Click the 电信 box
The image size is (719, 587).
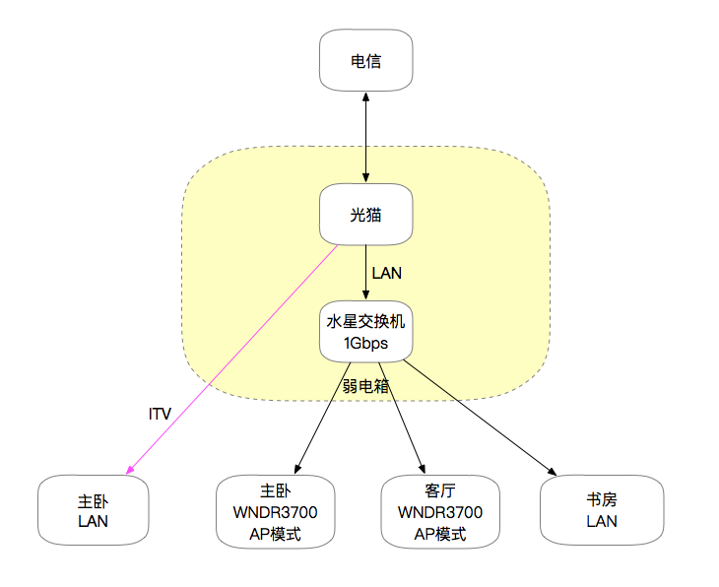click(x=365, y=61)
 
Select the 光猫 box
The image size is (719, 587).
click(x=365, y=215)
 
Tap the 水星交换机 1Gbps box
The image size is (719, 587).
click(x=365, y=331)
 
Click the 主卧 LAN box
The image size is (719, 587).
click(x=93, y=510)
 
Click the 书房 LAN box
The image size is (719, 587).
click(x=601, y=510)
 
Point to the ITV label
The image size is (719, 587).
click(x=160, y=415)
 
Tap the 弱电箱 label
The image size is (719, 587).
click(x=366, y=385)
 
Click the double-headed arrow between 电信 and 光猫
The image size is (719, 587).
click(x=365, y=138)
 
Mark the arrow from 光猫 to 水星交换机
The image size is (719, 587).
click(x=366, y=272)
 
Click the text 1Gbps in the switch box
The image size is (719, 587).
click(x=365, y=344)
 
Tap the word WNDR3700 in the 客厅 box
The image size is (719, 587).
click(x=439, y=513)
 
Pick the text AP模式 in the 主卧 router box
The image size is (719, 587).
click(x=275, y=535)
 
